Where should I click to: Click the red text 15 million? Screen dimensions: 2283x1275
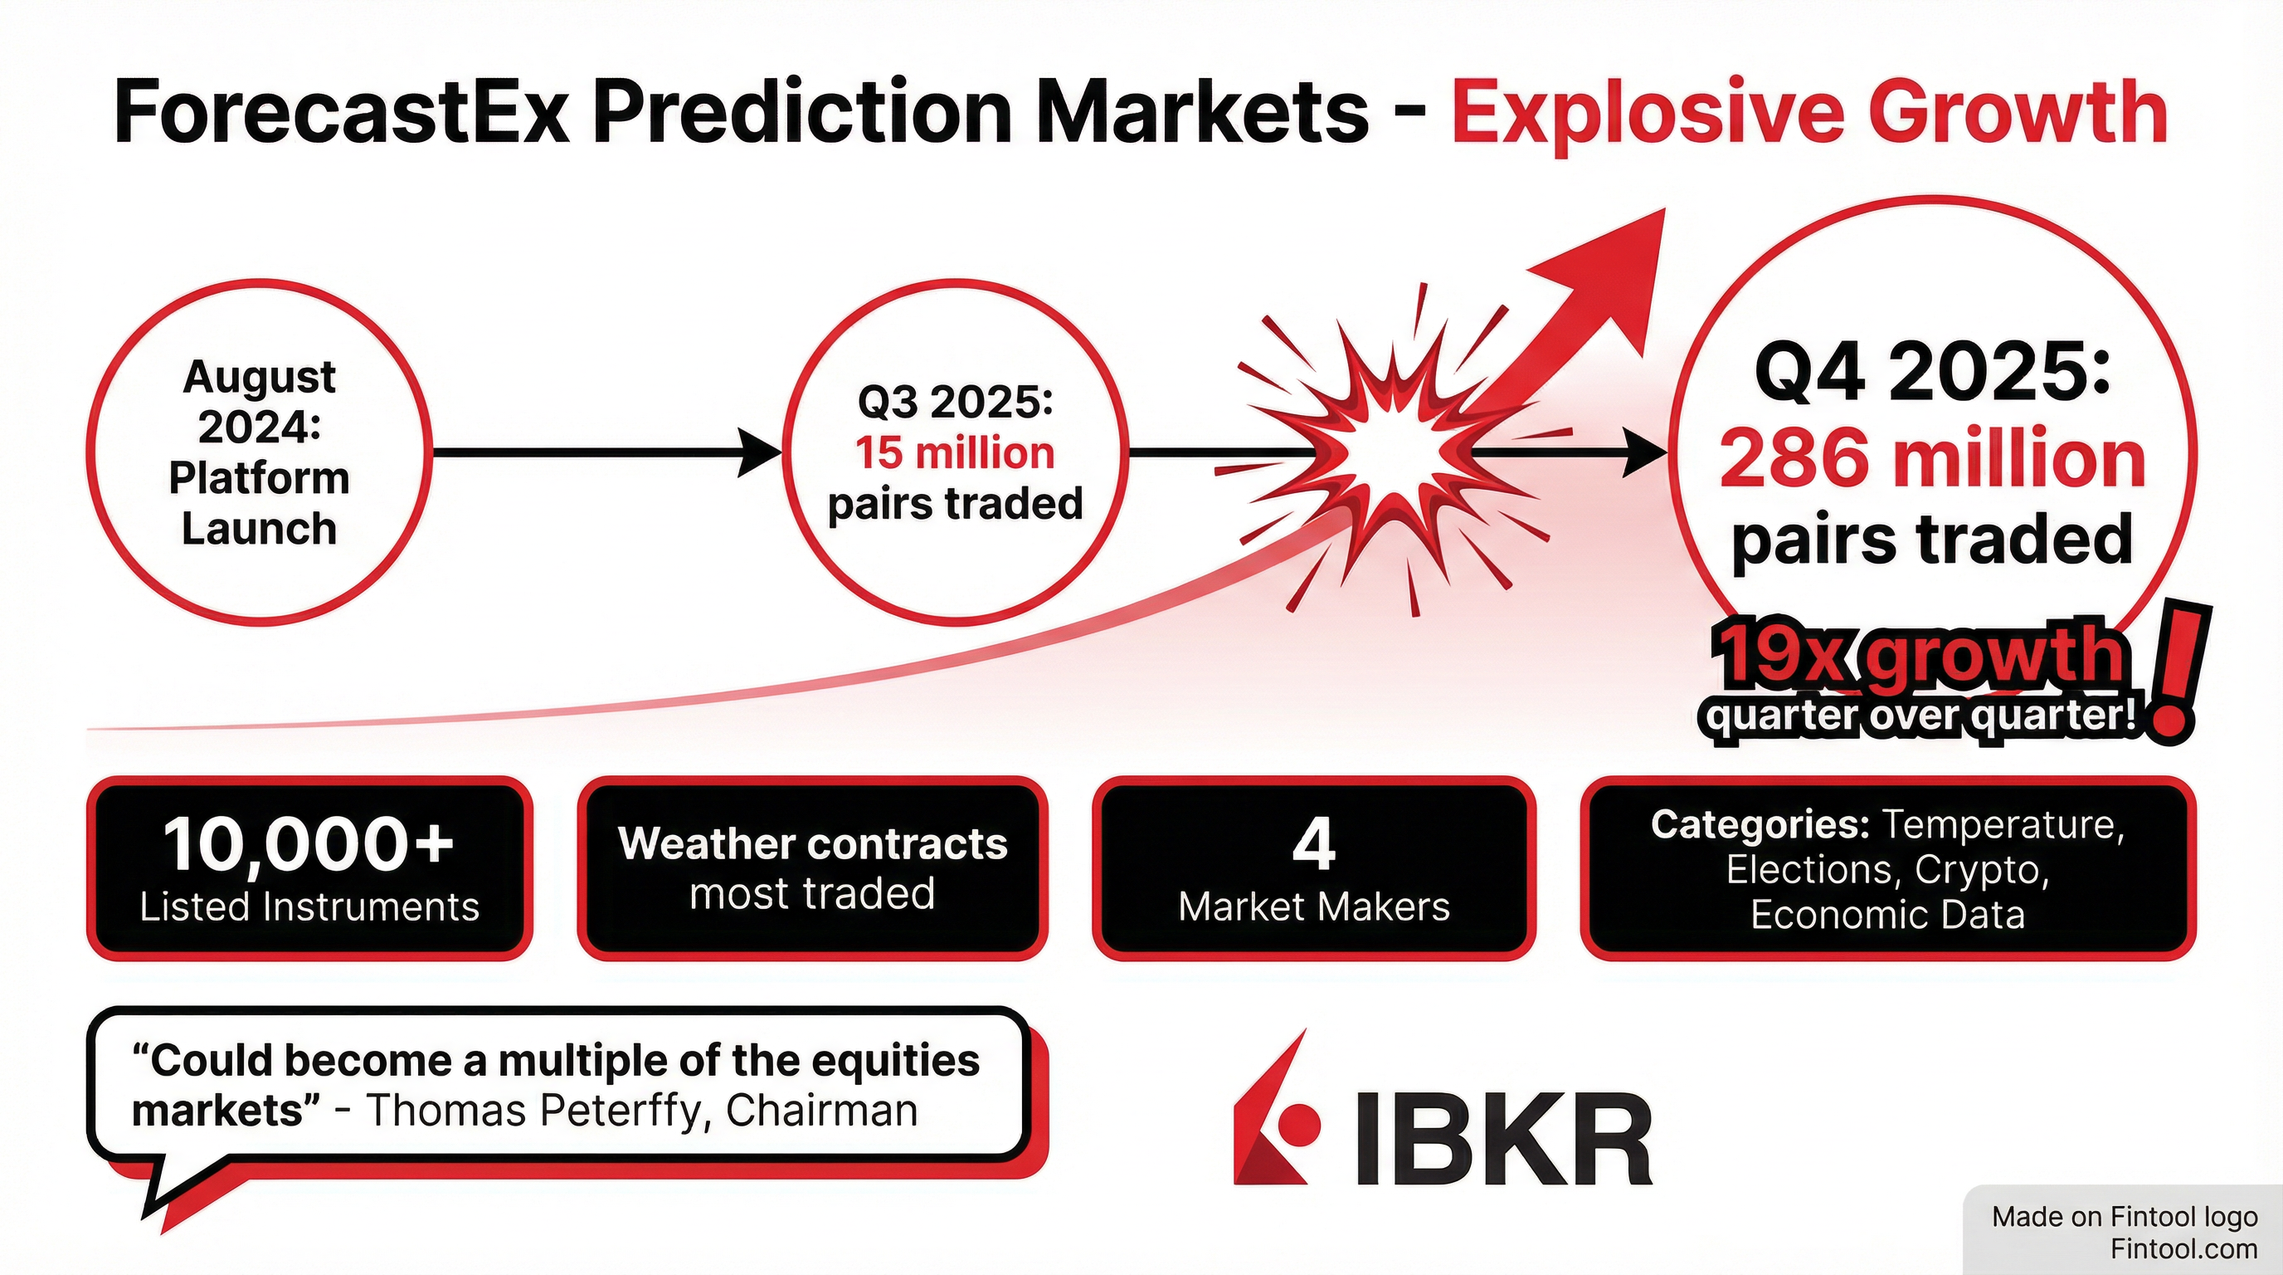[956, 453]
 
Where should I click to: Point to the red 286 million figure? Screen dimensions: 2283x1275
[1932, 458]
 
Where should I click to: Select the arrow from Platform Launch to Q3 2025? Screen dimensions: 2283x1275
[608, 453]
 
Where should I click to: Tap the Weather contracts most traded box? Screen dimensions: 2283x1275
[813, 868]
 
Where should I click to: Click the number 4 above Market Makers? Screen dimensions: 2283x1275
[1313, 844]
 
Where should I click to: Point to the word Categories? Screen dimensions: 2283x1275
[1760, 824]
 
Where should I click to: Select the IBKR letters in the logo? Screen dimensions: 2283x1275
[1505, 1139]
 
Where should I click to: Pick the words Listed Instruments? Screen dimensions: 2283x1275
[309, 907]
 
